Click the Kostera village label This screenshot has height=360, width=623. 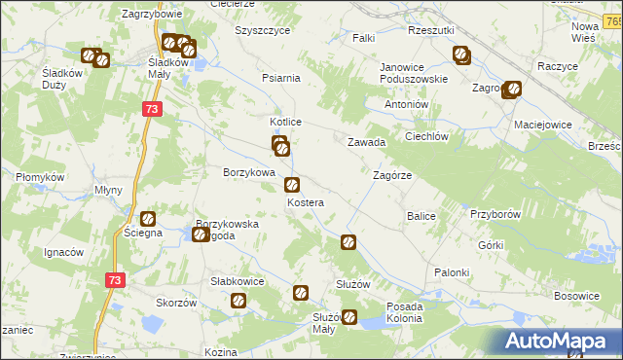pyautogui.click(x=305, y=202)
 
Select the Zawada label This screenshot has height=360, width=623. pyautogui.click(x=368, y=142)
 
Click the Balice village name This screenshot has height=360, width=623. pyautogui.click(x=421, y=215)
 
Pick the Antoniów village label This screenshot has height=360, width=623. pyautogui.click(x=407, y=104)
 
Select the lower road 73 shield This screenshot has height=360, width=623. pyautogui.click(x=116, y=280)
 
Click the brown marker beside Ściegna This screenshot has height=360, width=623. pyautogui.click(x=148, y=220)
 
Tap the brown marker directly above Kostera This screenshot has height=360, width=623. pyautogui.click(x=291, y=185)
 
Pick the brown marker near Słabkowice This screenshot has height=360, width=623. pyautogui.click(x=238, y=302)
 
